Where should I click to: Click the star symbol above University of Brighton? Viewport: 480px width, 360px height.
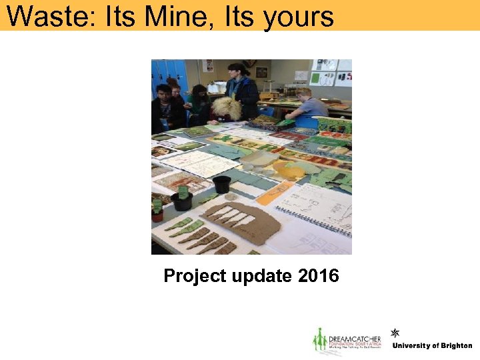pyautogui.click(x=395, y=333)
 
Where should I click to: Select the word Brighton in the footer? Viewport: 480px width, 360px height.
pyautogui.click(x=456, y=346)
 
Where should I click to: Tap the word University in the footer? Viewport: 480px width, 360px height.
pyautogui.click(x=412, y=346)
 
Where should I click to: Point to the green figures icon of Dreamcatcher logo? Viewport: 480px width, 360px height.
pyautogui.click(x=320, y=341)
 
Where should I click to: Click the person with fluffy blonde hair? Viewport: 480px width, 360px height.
pyautogui.click(x=227, y=110)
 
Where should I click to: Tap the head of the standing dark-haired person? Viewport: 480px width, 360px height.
pyautogui.click(x=235, y=70)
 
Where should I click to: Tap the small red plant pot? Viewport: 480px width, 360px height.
pyautogui.click(x=157, y=215)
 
